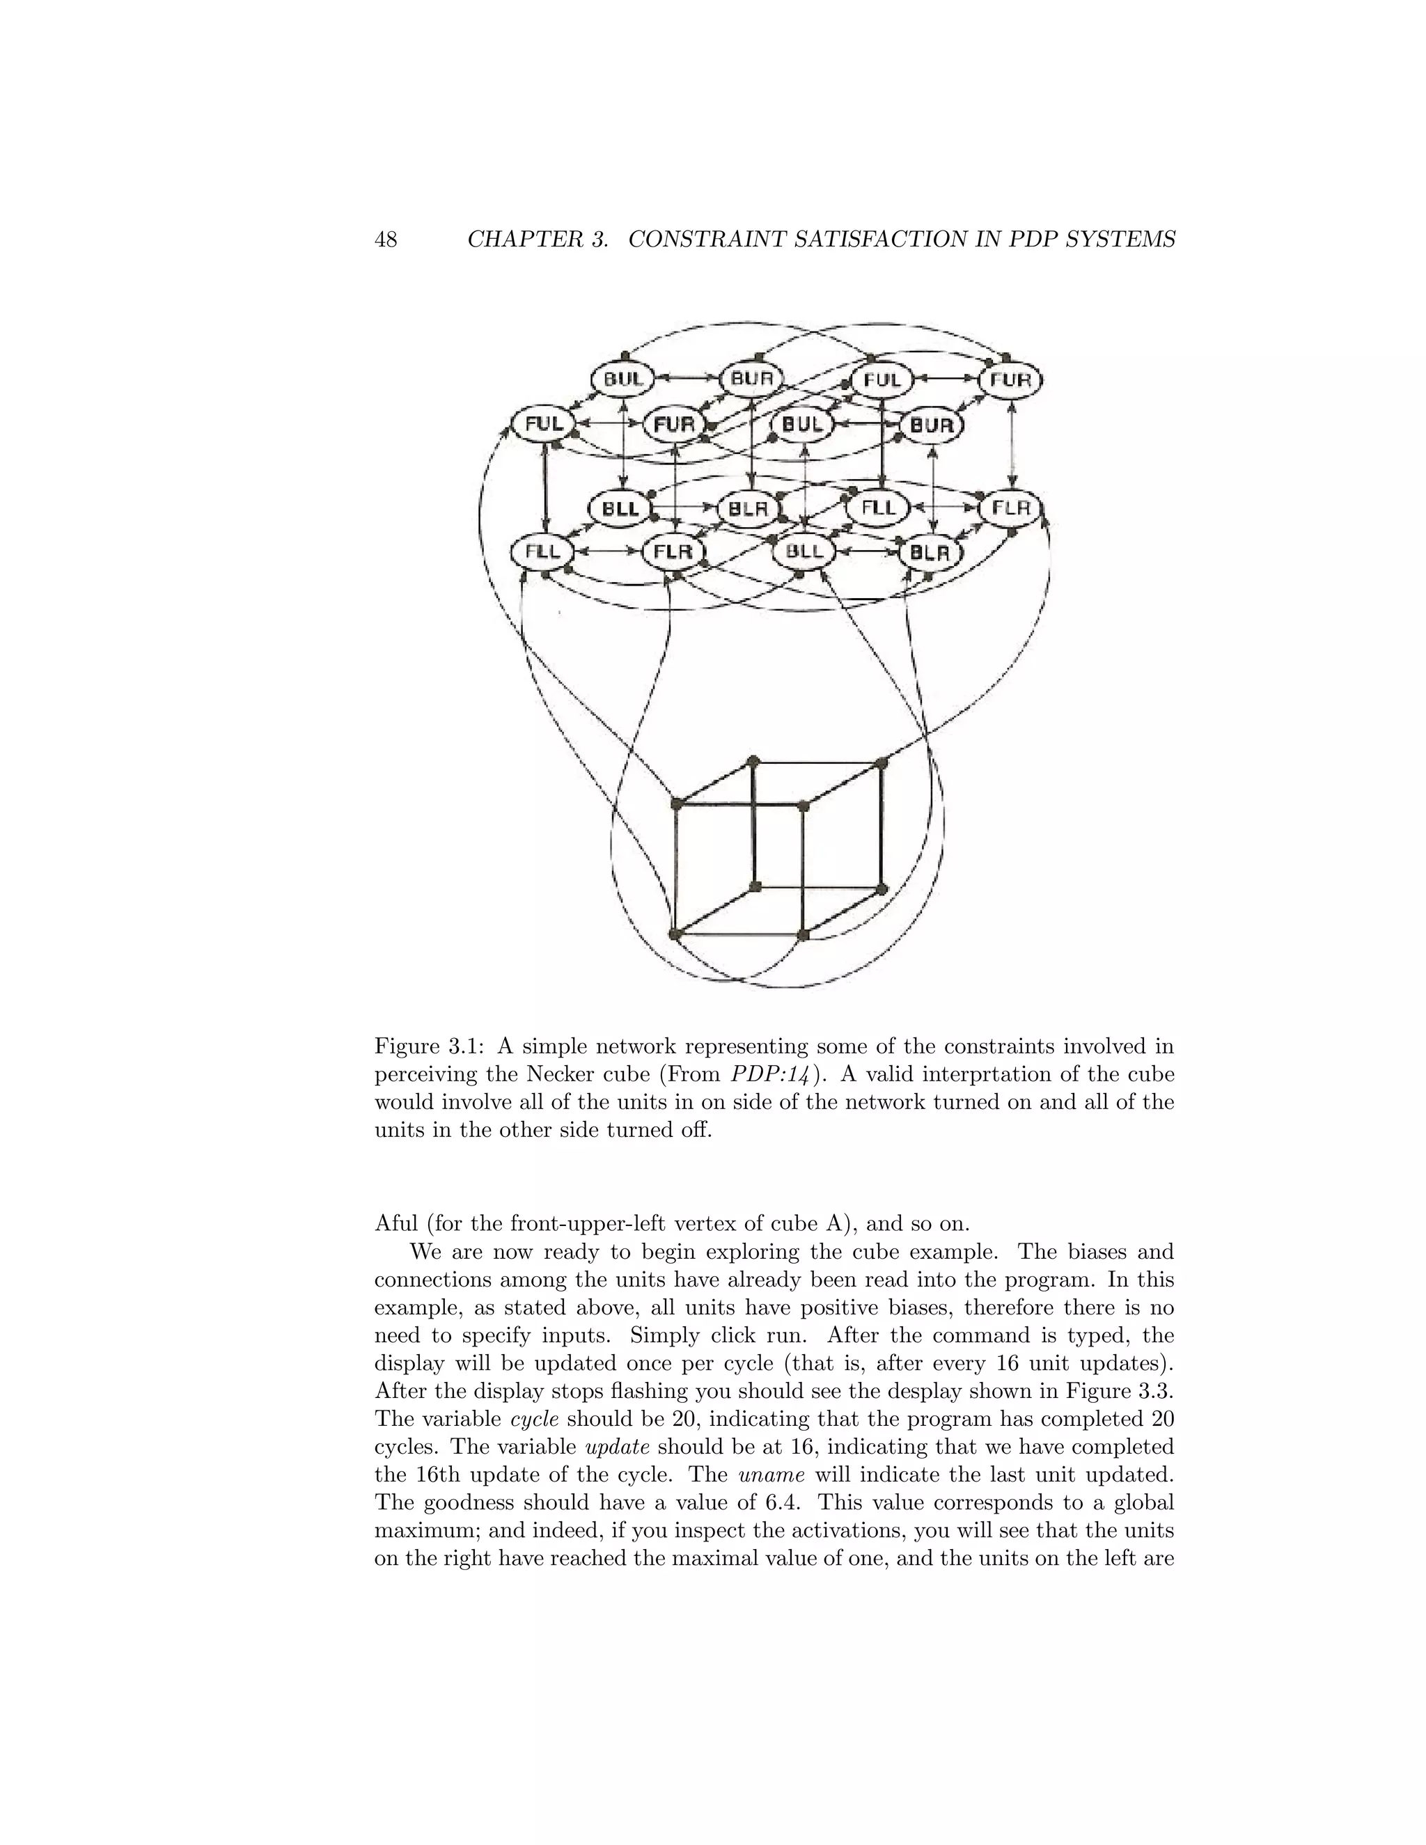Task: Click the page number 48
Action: pyautogui.click(x=385, y=240)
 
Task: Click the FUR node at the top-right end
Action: pyautogui.click(x=1010, y=380)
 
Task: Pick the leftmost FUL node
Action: pyautogui.click(x=544, y=423)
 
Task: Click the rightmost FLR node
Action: pyautogui.click(x=1010, y=508)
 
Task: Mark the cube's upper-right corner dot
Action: pyautogui.click(x=883, y=763)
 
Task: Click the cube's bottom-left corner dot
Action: pyautogui.click(x=674, y=934)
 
